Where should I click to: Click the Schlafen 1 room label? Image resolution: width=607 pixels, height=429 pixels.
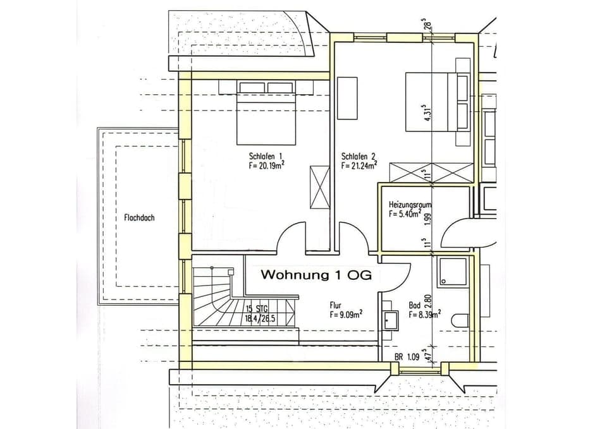click(264, 156)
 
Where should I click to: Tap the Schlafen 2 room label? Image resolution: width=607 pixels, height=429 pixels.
click(359, 156)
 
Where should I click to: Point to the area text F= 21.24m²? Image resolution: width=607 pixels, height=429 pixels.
click(359, 166)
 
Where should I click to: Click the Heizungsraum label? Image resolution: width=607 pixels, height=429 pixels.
click(410, 205)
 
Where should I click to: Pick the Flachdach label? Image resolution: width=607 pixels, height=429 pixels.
click(139, 217)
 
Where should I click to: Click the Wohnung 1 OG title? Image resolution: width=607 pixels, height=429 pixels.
click(316, 275)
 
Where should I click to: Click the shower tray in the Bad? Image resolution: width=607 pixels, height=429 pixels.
click(452, 272)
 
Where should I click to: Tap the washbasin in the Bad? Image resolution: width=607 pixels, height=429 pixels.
click(390, 320)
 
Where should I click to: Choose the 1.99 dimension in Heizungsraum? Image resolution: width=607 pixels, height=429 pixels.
click(427, 218)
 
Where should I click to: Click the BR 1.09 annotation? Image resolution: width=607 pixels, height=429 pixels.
click(407, 357)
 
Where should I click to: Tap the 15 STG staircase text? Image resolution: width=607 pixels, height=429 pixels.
click(257, 308)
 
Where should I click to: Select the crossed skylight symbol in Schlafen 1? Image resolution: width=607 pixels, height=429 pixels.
click(319, 187)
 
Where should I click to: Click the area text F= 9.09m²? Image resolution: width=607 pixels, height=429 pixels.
click(345, 313)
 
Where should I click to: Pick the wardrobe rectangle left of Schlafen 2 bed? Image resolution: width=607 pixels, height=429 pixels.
click(347, 98)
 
